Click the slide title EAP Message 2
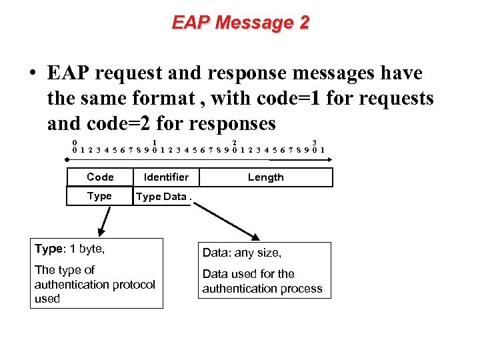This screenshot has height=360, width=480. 241,23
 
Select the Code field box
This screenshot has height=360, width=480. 100,177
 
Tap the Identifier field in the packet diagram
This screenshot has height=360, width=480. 166,177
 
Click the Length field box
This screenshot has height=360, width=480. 265,177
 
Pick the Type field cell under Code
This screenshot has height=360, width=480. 99,196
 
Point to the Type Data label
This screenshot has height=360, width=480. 161,197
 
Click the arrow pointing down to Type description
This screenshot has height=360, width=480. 104,220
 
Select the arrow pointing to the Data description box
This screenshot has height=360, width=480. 227,219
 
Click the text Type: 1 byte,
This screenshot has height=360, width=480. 70,249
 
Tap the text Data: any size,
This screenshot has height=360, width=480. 242,253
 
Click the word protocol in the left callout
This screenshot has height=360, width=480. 133,285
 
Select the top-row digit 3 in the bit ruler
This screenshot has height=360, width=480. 314,142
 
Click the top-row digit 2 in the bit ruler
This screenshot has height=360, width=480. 234,142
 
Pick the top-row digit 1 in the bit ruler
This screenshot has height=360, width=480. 155,142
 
